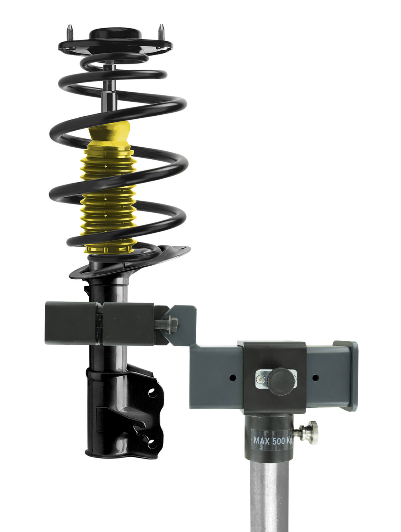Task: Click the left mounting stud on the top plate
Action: (x=70, y=33)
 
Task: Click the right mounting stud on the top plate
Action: (x=161, y=32)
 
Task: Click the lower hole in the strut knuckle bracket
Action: (x=152, y=443)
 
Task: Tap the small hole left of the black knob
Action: (x=232, y=377)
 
